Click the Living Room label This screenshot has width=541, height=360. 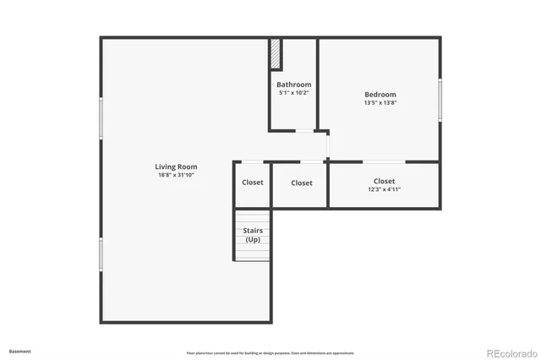tap(176, 166)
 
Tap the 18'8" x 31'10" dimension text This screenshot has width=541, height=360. tap(176, 175)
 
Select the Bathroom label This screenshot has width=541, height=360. tap(294, 85)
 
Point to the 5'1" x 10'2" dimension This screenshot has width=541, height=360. tap(294, 93)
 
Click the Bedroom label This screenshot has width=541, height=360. tap(380, 95)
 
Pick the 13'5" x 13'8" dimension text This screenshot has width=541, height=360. tap(380, 103)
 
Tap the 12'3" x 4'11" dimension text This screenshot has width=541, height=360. tap(384, 189)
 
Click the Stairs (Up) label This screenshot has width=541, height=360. tap(253, 235)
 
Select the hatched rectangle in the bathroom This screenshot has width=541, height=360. tap(276, 55)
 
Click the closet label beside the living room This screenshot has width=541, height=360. tap(253, 183)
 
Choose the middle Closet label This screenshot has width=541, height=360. tap(302, 183)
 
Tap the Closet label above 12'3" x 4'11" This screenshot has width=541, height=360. tap(384, 181)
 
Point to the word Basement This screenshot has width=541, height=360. tap(19, 351)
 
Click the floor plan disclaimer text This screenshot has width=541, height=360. tap(270, 353)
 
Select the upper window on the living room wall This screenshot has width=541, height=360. tap(101, 118)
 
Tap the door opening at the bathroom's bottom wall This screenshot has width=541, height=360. tap(302, 131)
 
